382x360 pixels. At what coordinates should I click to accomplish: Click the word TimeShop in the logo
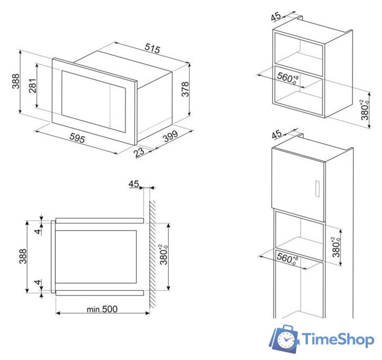[x=338, y=340]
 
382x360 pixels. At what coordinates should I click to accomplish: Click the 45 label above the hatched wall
[x=133, y=183]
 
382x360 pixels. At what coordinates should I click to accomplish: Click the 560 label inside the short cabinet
[x=287, y=77]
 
